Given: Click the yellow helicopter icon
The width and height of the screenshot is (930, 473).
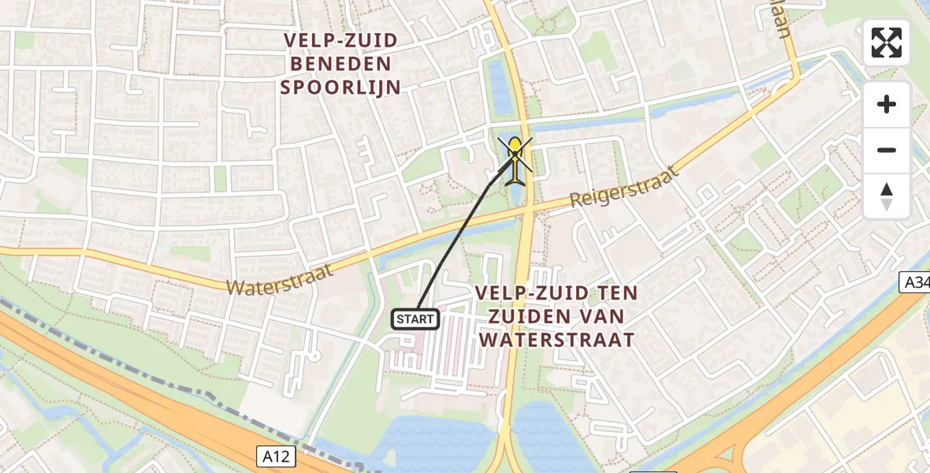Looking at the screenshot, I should (x=515, y=158).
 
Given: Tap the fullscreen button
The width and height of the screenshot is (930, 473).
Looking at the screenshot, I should (x=887, y=43).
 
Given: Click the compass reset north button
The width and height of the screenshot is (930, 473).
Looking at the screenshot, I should (x=887, y=196).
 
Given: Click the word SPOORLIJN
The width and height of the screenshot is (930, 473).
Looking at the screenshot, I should (x=340, y=88).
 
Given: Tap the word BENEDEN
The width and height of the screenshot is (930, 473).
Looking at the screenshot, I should (x=340, y=64).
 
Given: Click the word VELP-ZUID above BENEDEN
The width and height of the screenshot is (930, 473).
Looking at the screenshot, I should (x=340, y=40).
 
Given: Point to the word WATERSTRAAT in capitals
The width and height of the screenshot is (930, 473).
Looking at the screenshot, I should (x=556, y=340).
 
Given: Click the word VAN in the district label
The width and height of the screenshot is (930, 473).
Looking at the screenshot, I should (x=607, y=316).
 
